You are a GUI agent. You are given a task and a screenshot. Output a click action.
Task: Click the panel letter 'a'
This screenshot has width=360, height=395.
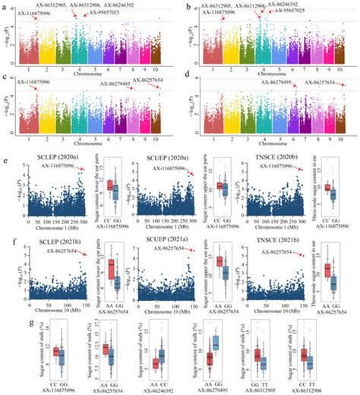(5, 6)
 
